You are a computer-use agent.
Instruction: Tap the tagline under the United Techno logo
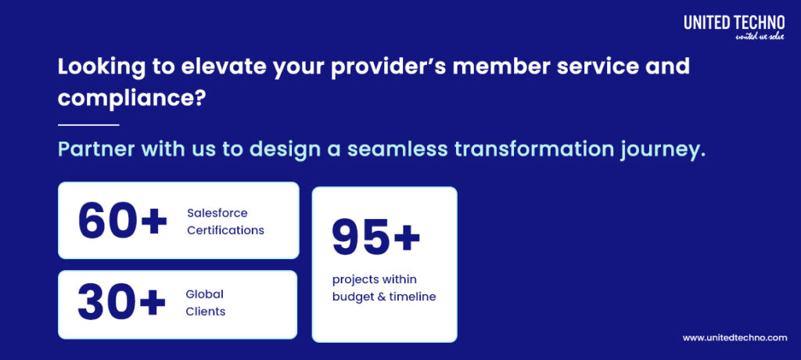pos(759,37)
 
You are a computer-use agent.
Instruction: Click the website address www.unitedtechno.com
pos(735,337)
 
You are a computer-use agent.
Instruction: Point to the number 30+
pos(122,304)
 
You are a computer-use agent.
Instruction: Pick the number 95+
pos(376,236)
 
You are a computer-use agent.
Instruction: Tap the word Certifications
pos(225,230)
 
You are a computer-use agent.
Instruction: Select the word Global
pos(204,294)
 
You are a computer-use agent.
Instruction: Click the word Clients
pos(205,311)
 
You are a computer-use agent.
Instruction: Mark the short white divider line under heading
pos(88,124)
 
